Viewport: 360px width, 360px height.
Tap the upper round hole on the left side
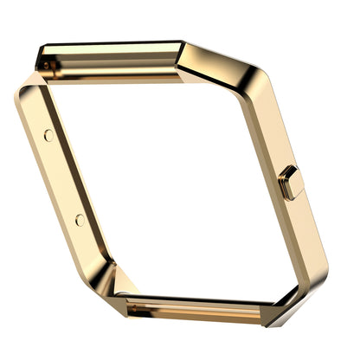click(48, 135)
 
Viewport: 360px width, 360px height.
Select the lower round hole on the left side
click(80, 220)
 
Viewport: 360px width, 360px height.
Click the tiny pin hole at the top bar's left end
click(43, 61)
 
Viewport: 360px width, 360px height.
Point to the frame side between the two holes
click(63, 177)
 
